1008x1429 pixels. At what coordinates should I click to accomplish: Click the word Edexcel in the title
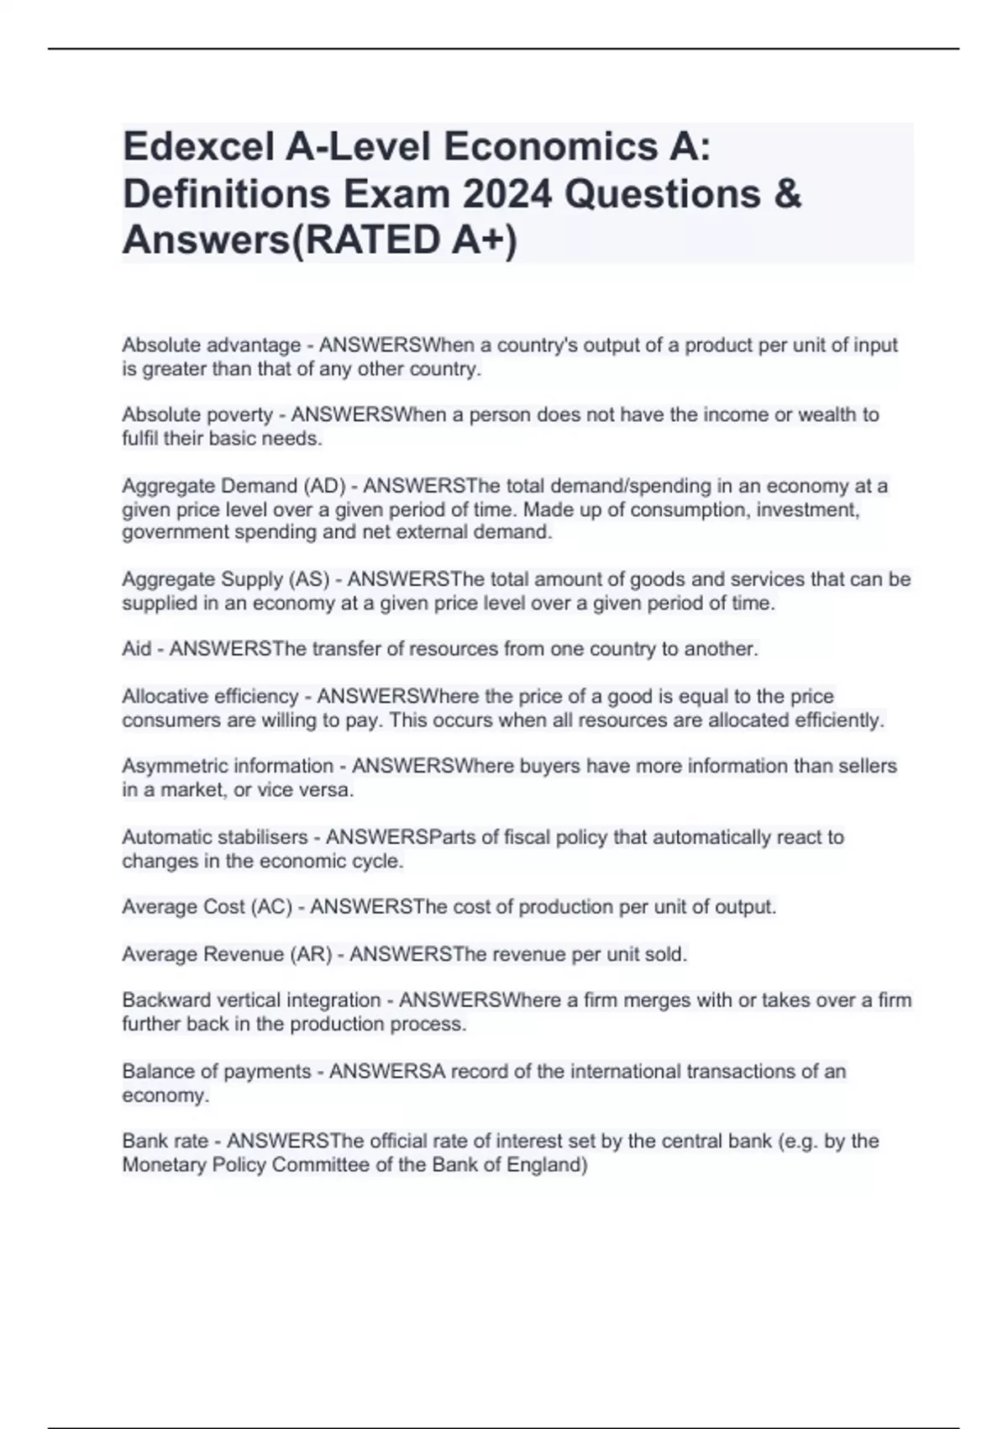tap(197, 147)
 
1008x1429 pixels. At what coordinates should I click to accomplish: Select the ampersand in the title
tap(789, 194)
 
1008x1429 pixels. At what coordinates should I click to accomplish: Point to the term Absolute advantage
tap(212, 345)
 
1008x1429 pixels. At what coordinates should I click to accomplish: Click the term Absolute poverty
tap(197, 415)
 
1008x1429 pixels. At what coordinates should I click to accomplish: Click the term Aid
tap(137, 649)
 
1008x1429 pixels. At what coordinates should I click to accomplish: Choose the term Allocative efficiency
tap(210, 697)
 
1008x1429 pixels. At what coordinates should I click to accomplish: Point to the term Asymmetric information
tap(228, 767)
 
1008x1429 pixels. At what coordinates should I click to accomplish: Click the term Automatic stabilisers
tap(215, 838)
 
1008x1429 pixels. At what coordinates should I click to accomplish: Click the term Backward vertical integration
tap(251, 1001)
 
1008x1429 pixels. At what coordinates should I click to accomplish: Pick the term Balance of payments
tap(217, 1072)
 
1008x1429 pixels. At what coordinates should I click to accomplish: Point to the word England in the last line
tap(546, 1165)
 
